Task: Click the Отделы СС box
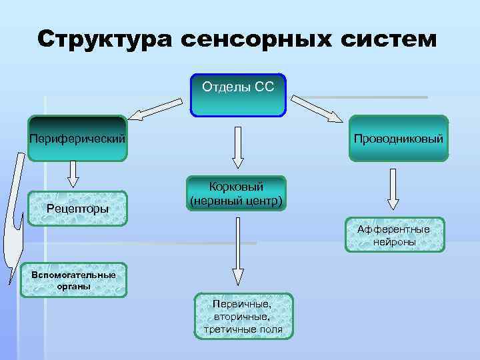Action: (x=238, y=93)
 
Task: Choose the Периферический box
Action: (x=77, y=139)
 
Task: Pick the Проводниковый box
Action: (x=399, y=139)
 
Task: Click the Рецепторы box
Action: (x=77, y=208)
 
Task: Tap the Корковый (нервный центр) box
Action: (x=236, y=193)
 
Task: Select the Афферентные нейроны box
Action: (x=394, y=235)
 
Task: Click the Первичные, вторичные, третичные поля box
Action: (x=243, y=316)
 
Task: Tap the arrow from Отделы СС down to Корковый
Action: (x=238, y=147)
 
